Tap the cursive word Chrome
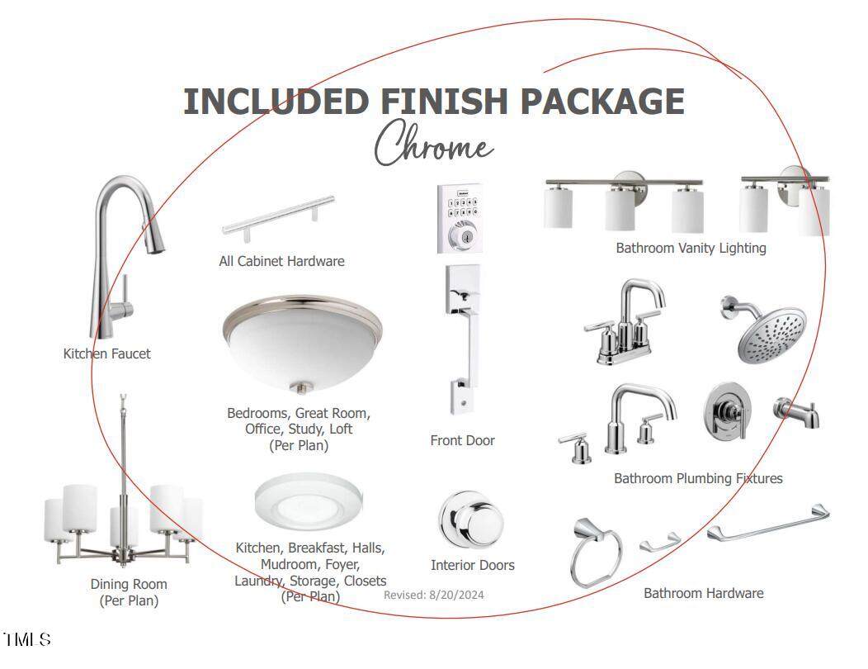(x=433, y=143)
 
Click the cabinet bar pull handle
(x=279, y=218)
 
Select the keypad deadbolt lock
(x=460, y=219)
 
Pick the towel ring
(x=595, y=552)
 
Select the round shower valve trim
(x=728, y=411)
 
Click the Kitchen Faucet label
(x=106, y=353)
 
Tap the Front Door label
(x=462, y=441)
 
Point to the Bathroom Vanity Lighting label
(x=691, y=248)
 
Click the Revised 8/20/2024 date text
(x=434, y=595)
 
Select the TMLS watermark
(x=26, y=639)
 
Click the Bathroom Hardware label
(x=704, y=593)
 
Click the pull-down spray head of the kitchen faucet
(x=153, y=239)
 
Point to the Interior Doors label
(x=473, y=565)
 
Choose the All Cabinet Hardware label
(x=281, y=261)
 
